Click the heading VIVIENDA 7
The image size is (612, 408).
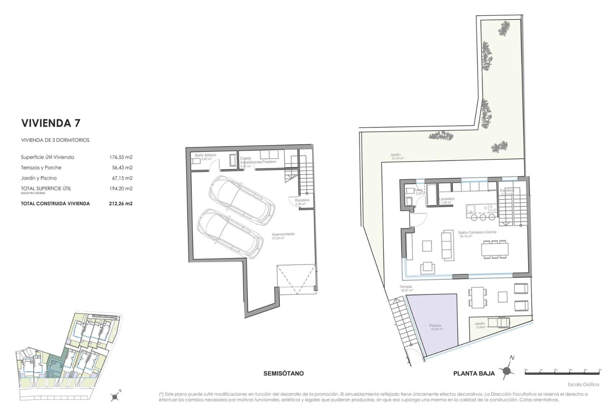(51, 123)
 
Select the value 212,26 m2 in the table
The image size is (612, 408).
(120, 203)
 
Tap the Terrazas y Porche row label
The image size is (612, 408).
(41, 168)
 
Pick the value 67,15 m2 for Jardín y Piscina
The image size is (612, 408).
(120, 178)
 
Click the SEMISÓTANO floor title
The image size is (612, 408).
(283, 373)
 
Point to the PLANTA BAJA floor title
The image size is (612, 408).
(474, 374)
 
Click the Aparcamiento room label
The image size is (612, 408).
(283, 234)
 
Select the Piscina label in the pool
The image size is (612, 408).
(435, 326)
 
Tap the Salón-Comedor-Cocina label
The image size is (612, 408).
(477, 232)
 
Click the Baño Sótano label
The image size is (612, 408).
(205, 155)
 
